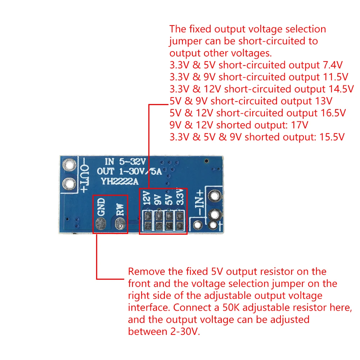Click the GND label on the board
pyautogui.click(x=101, y=207)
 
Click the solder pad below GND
pyautogui.click(x=101, y=225)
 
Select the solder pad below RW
pyautogui.click(x=120, y=225)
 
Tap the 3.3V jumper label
pyautogui.click(x=180, y=198)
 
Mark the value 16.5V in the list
pyautogui.click(x=333, y=113)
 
